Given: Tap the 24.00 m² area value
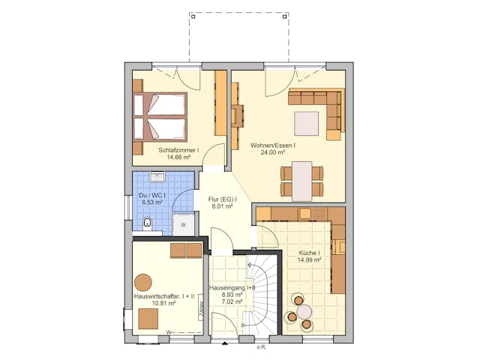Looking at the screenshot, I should click(272, 152).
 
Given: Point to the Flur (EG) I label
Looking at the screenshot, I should click(222, 199).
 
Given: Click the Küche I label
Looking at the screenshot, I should click(310, 253).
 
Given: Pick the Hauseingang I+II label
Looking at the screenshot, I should click(232, 287).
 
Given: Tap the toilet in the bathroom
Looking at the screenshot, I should click(147, 222).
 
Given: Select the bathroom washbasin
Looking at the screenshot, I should click(157, 178).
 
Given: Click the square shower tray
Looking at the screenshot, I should click(183, 223).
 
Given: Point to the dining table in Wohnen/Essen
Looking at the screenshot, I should click(302, 181).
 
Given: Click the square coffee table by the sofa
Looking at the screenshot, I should click(306, 122).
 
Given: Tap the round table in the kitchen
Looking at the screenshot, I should click(304, 311).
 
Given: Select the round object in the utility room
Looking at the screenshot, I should click(143, 282).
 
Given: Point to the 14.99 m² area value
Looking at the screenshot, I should click(309, 261).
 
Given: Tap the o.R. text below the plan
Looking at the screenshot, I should click(261, 346).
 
